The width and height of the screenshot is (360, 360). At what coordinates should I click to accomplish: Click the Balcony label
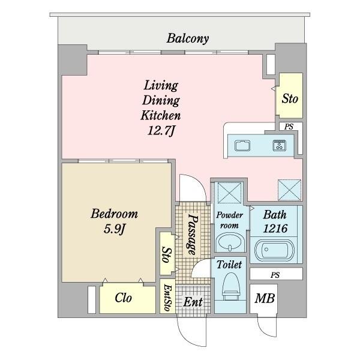tap(188, 38)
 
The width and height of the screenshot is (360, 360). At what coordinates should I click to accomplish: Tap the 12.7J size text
tap(161, 131)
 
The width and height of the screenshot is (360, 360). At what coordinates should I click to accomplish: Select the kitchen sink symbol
tap(242, 146)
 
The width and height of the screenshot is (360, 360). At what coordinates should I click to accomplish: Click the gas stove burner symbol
tap(280, 145)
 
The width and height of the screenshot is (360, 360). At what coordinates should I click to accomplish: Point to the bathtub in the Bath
tap(274, 251)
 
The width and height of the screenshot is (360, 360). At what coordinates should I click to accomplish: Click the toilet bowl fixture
tap(231, 286)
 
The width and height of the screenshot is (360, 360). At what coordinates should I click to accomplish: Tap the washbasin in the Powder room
tap(230, 242)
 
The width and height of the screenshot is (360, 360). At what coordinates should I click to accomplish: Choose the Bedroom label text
tap(115, 214)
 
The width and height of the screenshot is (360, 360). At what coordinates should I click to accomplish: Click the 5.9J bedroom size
tap(114, 229)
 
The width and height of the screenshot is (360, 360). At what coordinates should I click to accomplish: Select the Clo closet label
tap(123, 298)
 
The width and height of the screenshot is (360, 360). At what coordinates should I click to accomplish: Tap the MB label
tap(265, 298)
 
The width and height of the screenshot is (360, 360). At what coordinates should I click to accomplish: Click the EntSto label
tap(168, 298)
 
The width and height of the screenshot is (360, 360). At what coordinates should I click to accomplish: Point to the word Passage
tap(192, 235)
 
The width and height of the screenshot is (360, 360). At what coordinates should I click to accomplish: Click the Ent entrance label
tap(193, 302)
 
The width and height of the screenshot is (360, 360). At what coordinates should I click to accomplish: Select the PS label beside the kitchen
tap(289, 127)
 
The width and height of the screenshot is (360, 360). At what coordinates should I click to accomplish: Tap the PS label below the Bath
tap(275, 275)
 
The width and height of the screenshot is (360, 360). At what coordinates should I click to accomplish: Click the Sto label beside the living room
tap(290, 99)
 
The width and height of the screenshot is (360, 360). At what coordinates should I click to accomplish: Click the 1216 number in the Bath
tap(275, 229)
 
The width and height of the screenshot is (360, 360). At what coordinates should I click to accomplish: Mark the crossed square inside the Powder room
tap(230, 193)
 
